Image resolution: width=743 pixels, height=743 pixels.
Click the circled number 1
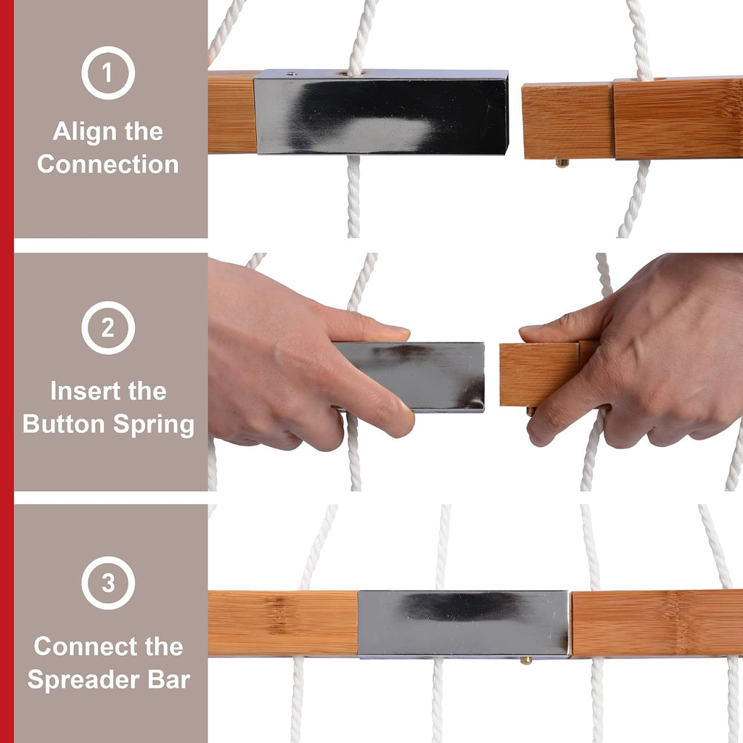click(x=108, y=73)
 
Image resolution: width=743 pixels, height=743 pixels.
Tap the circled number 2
click(x=108, y=328)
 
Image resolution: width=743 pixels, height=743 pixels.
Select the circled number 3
click(x=108, y=583)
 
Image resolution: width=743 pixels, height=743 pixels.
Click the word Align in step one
click(x=78, y=132)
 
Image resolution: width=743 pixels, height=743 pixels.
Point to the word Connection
click(x=108, y=165)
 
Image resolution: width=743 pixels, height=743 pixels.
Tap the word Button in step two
click(x=64, y=424)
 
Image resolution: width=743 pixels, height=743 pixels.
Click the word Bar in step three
click(x=168, y=679)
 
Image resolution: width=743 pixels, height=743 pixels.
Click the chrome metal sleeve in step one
click(x=381, y=112)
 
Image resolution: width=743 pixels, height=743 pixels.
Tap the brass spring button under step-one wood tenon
click(x=562, y=163)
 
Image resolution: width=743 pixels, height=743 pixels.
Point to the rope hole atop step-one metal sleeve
click(x=350, y=74)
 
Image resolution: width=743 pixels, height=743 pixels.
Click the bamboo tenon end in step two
click(x=540, y=374)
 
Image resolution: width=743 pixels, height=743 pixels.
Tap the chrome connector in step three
click(x=464, y=623)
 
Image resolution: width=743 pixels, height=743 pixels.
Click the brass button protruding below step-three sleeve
click(x=526, y=660)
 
